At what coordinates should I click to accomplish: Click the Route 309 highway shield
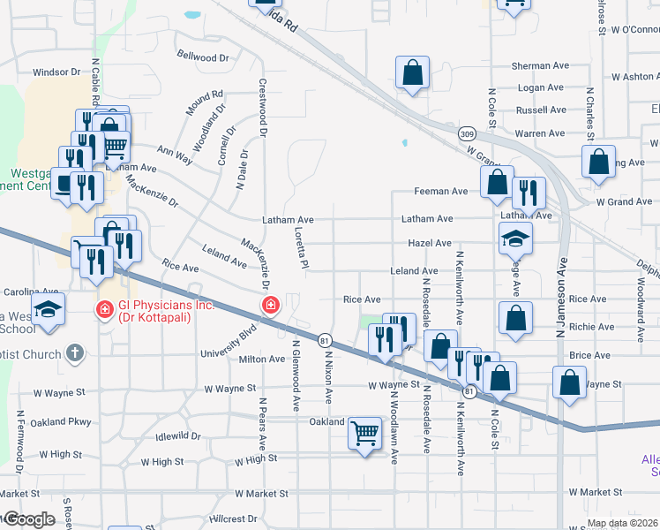tap(466, 133)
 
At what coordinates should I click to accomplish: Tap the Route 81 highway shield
tap(325, 340)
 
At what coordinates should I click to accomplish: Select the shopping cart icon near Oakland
tap(364, 433)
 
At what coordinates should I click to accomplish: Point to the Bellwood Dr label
tap(203, 57)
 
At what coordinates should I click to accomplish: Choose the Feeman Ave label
tap(441, 192)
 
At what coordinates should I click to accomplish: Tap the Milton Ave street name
tap(262, 360)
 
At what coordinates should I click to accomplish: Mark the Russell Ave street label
tap(540, 110)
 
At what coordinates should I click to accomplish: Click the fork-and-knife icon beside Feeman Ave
tap(528, 191)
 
